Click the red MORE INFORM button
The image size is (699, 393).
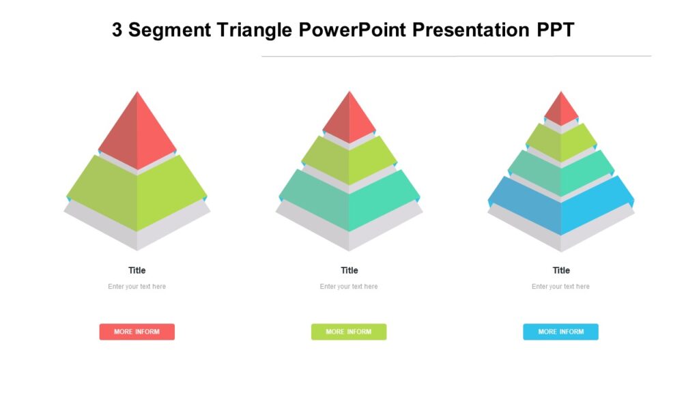137,332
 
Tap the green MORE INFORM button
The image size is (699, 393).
349,332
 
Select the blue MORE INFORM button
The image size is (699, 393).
560,332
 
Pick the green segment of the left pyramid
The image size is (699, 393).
137,191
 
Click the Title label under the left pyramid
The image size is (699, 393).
137,270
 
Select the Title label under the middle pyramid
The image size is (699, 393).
349,270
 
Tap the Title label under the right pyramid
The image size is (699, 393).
561,270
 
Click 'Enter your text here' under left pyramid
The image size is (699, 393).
137,287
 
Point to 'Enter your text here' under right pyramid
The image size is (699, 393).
560,287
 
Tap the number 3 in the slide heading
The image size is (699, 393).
118,31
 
